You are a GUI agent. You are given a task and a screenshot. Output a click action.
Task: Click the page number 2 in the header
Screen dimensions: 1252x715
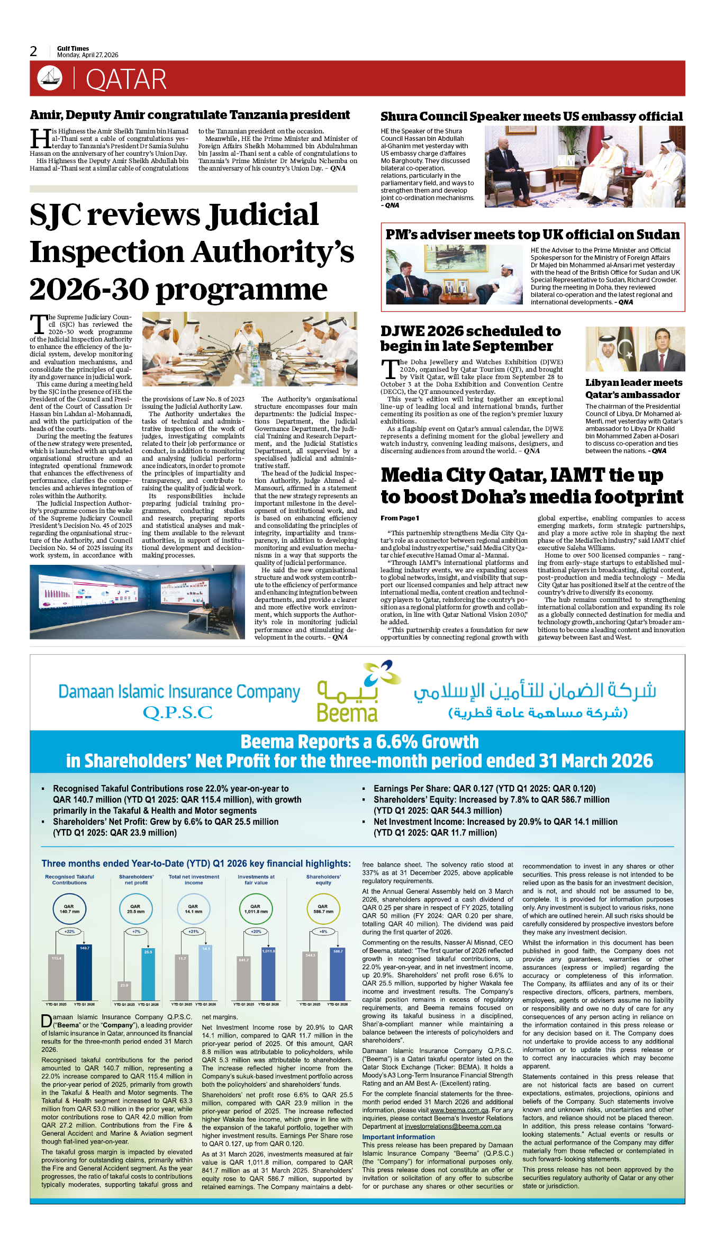(33, 51)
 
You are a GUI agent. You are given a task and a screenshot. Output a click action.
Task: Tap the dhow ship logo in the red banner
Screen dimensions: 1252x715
(49, 78)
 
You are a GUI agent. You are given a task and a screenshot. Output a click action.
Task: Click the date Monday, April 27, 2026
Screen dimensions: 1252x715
(87, 55)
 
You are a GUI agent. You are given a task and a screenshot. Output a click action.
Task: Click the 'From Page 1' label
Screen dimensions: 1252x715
(400, 518)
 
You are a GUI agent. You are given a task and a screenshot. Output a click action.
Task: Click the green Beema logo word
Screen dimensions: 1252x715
(347, 713)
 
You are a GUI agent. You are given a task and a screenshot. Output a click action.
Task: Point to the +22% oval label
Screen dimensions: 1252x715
(69, 931)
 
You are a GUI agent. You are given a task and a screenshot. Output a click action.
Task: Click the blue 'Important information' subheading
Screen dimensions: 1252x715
(398, 1137)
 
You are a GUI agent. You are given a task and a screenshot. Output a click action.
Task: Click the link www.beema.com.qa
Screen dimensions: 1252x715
(459, 1110)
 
